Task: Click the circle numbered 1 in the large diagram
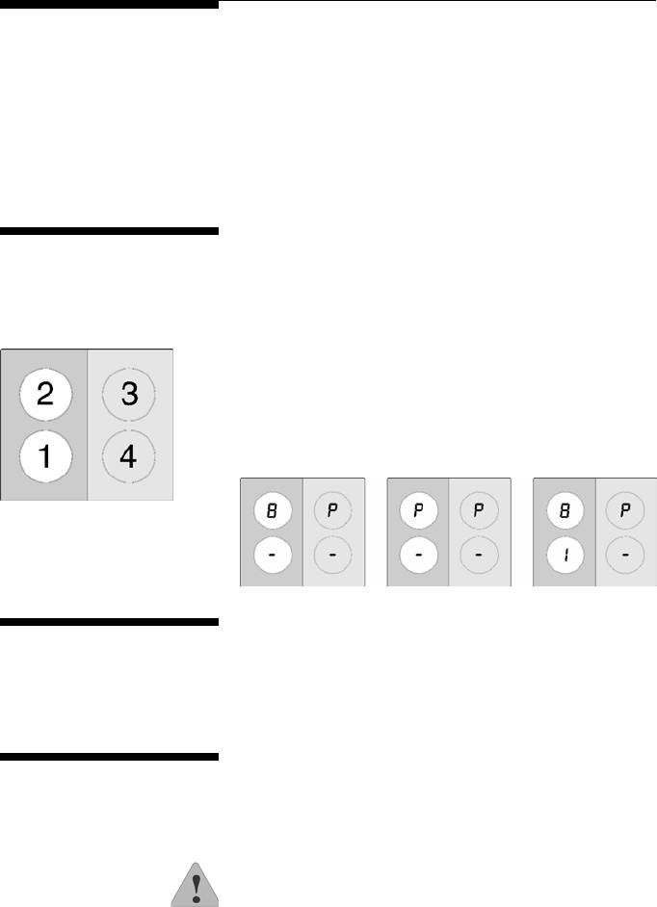[x=43, y=458]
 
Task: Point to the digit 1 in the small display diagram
[x=565, y=557]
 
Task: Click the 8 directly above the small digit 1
[x=565, y=512]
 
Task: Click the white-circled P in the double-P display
[x=418, y=512]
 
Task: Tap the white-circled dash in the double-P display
[x=418, y=557]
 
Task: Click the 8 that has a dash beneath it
[x=272, y=512]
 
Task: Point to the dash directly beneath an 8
[x=272, y=557]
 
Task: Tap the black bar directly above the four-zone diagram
[x=110, y=231]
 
